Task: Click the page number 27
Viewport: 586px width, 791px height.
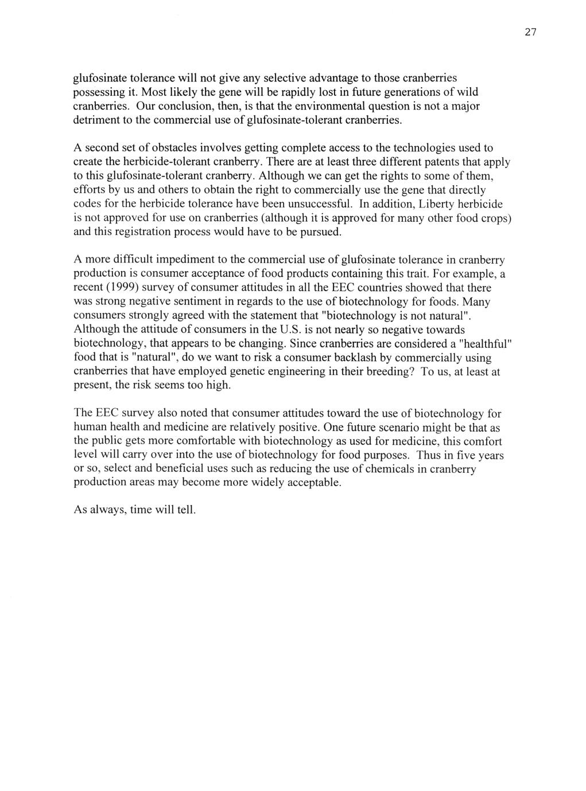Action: pos(530,33)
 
